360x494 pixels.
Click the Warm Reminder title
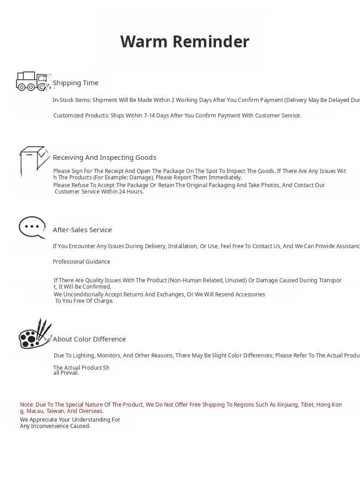click(185, 41)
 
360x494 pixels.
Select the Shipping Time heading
click(76, 83)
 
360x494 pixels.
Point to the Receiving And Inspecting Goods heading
click(104, 158)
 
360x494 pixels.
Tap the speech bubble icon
click(32, 227)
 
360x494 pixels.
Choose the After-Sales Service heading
click(82, 230)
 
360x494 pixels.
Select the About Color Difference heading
click(89, 339)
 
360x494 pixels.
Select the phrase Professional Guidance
click(82, 262)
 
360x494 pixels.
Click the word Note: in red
click(27, 405)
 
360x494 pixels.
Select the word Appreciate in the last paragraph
click(46, 420)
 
